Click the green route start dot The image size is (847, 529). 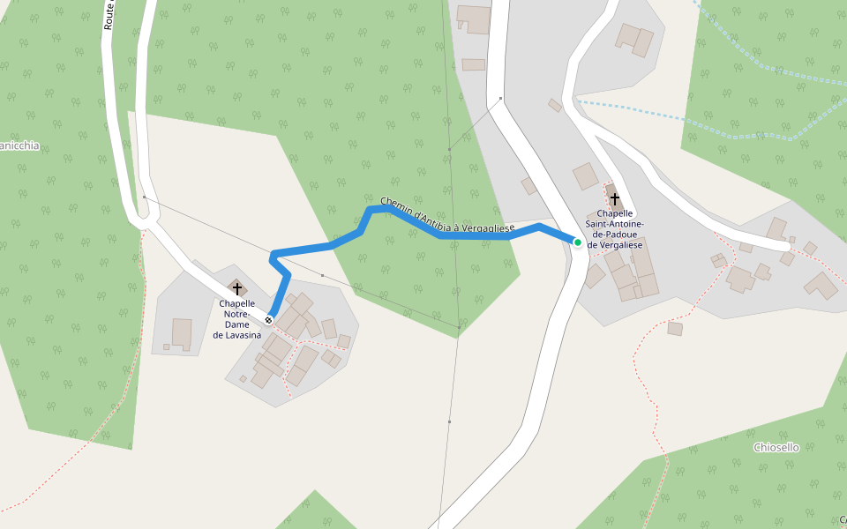pyautogui.click(x=578, y=242)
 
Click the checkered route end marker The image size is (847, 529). pyautogui.click(x=268, y=320)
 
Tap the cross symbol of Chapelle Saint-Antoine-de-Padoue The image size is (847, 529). pyautogui.click(x=615, y=200)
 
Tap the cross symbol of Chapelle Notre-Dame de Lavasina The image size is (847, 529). pyautogui.click(x=236, y=289)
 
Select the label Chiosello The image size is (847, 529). pyautogui.click(x=776, y=447)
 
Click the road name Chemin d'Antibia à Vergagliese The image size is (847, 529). pyautogui.click(x=446, y=217)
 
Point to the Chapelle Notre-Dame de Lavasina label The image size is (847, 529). pyautogui.click(x=237, y=319)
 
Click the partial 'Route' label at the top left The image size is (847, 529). pyautogui.click(x=109, y=16)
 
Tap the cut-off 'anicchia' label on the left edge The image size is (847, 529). pyautogui.click(x=19, y=145)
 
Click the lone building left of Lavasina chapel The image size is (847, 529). pyautogui.click(x=182, y=332)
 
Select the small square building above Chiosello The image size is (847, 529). pyautogui.click(x=675, y=329)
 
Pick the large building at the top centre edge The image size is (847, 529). pyautogui.click(x=474, y=19)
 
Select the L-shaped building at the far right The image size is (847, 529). pyautogui.click(x=821, y=286)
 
